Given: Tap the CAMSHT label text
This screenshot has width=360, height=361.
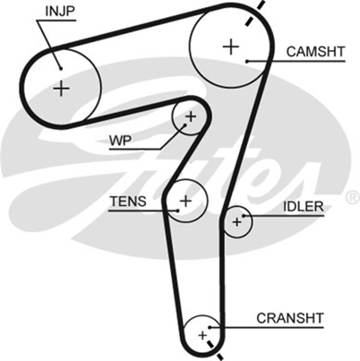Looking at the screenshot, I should click(x=315, y=52).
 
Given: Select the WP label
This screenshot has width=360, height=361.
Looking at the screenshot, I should click(x=120, y=141).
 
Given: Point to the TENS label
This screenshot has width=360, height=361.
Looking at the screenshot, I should click(x=128, y=201).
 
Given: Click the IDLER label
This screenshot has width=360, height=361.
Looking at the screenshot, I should click(x=303, y=206).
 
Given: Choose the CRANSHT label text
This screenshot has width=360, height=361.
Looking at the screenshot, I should click(x=290, y=318).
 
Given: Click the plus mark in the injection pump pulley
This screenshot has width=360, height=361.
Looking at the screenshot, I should click(x=62, y=88).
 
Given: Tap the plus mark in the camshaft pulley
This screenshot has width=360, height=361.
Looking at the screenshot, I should click(x=230, y=46).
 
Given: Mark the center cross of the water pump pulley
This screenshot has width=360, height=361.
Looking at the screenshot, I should click(x=190, y=117).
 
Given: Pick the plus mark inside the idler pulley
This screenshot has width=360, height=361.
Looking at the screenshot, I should click(x=237, y=222).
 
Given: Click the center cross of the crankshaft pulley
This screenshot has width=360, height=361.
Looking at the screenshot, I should click(x=201, y=336).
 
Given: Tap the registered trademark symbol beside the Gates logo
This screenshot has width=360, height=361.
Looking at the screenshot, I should click(x=351, y=197).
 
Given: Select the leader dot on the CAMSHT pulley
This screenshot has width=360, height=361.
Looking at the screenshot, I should click(x=247, y=60).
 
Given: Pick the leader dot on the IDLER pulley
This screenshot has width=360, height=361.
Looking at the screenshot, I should click(x=244, y=215).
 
